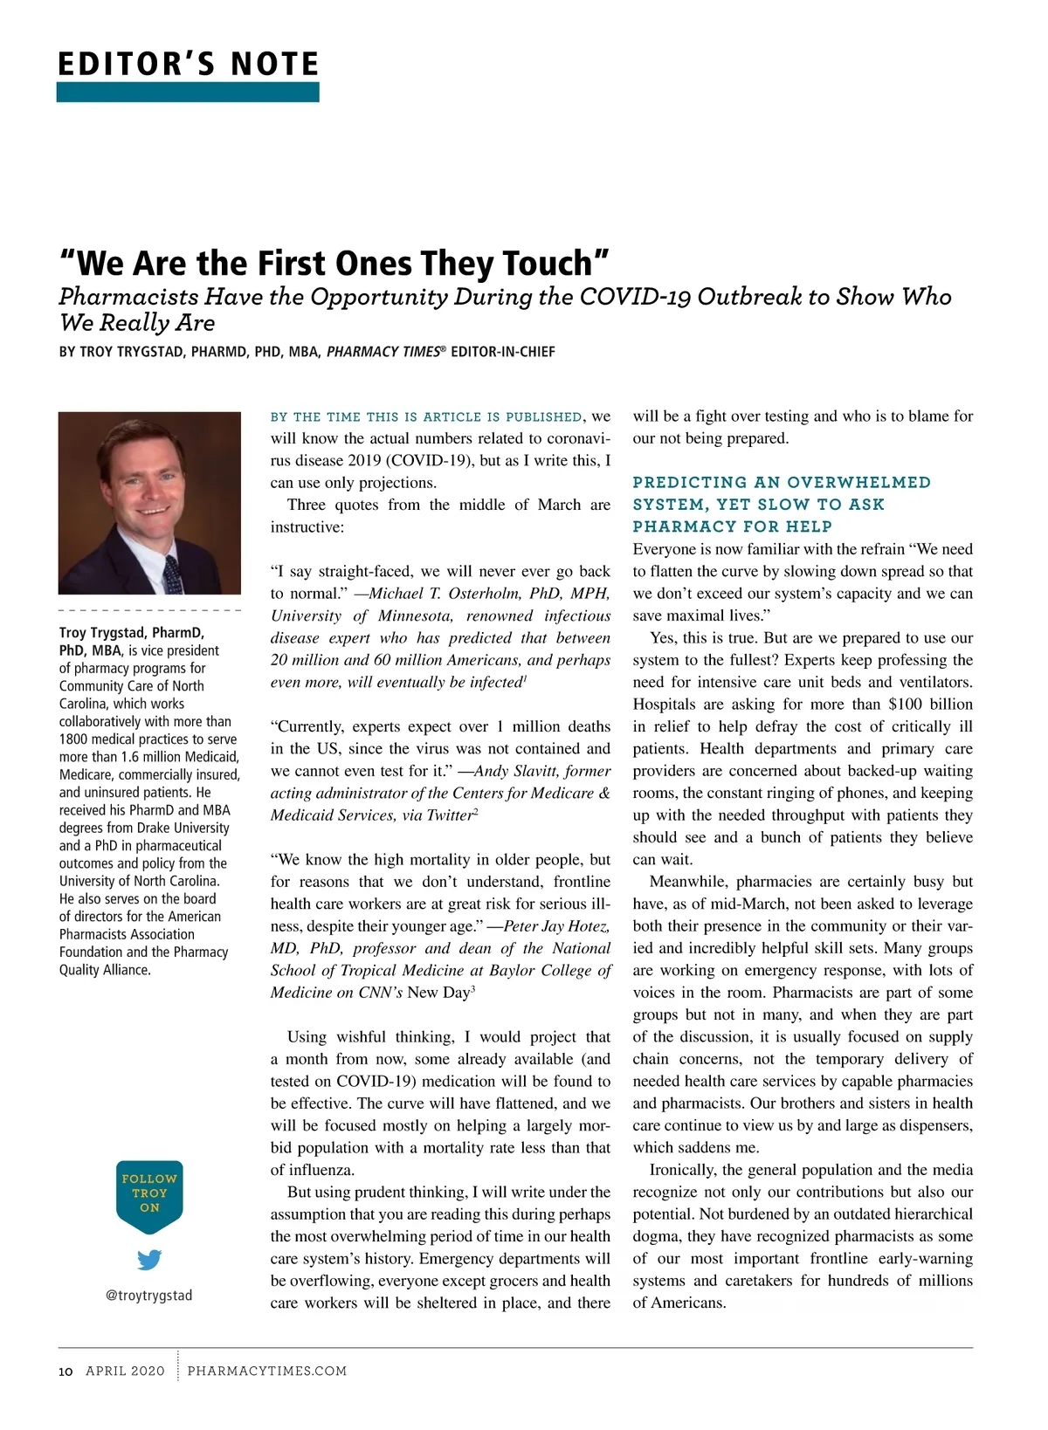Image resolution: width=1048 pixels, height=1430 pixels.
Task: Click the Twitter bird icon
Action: click(149, 1260)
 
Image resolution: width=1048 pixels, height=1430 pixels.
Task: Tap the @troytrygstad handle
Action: click(148, 1296)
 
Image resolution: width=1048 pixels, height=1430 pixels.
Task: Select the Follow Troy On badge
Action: click(149, 1194)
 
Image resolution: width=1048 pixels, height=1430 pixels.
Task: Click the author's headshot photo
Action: click(149, 503)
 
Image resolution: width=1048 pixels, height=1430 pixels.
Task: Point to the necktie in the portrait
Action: click(172, 573)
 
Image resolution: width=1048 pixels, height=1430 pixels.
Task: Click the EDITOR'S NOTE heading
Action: click(188, 65)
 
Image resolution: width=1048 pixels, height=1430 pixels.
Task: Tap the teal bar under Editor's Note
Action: click(188, 92)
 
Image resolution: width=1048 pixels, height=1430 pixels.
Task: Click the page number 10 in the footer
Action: click(65, 1372)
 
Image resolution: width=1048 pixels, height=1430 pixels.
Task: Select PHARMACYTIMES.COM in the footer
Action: click(267, 1372)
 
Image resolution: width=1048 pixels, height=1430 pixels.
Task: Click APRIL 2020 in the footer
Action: click(125, 1372)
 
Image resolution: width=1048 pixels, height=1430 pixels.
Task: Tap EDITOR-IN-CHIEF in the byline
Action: click(502, 352)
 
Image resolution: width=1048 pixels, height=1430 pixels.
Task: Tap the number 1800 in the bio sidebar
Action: click(75, 739)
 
